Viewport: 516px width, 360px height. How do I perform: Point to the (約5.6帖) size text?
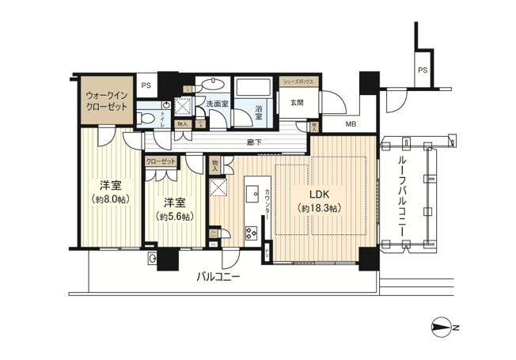coord(174,216)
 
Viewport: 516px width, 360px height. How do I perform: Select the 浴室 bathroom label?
coord(259,112)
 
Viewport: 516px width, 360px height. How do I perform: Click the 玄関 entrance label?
coord(297,101)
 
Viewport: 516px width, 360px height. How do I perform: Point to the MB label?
coord(349,124)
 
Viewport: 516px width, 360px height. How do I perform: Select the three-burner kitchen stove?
coord(252,233)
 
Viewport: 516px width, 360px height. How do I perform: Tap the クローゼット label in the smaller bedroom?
coord(161,160)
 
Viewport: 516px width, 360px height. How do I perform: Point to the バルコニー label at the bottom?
coord(218,276)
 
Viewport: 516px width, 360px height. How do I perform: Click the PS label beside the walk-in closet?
coord(146,85)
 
